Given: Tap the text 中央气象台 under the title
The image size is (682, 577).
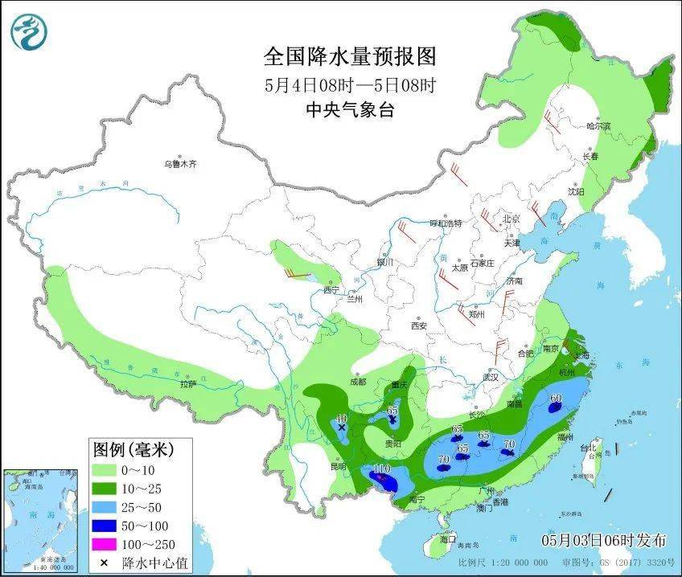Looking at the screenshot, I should tap(350, 110).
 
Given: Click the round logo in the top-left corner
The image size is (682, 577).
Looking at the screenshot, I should tap(30, 32).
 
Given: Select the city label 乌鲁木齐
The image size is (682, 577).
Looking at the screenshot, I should tap(180, 164).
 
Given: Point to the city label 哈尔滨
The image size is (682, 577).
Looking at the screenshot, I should tap(598, 126).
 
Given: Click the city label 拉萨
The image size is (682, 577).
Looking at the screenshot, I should tap(187, 385).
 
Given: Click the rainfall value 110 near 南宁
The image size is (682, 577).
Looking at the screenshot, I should tap(381, 469).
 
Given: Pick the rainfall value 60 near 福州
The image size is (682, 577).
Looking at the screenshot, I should tap(555, 398).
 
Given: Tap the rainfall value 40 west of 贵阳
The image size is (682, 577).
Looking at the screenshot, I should tap(341, 419).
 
